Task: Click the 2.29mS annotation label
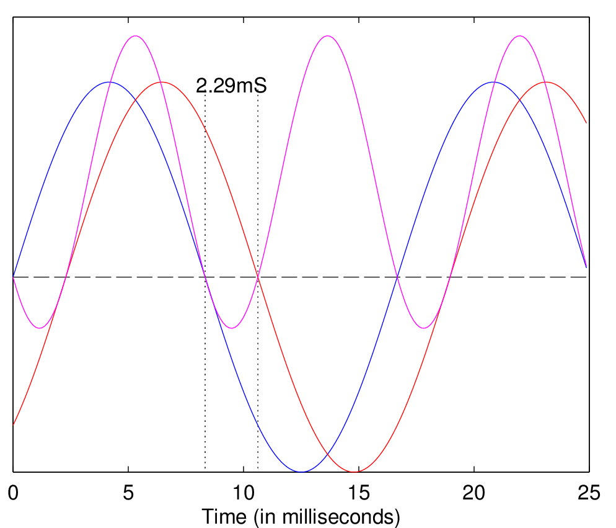(x=231, y=86)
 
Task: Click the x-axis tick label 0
(x=13, y=493)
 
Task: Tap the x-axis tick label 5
(x=128, y=493)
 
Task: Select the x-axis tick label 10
(x=244, y=493)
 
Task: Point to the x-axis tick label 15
(x=359, y=493)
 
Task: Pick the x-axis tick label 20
(x=474, y=493)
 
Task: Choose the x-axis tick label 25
(x=589, y=493)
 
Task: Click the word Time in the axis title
(x=226, y=516)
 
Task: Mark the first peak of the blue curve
(x=109, y=82)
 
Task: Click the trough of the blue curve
(x=301, y=472)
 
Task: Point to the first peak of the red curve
(x=162, y=82)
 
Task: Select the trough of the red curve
(x=355, y=472)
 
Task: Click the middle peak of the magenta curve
(x=328, y=36)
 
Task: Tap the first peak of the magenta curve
(x=136, y=36)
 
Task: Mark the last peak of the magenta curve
(x=519, y=36)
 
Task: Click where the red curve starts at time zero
(x=13, y=424)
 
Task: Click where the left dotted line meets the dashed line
(x=205, y=277)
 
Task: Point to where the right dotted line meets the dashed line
(x=258, y=277)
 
